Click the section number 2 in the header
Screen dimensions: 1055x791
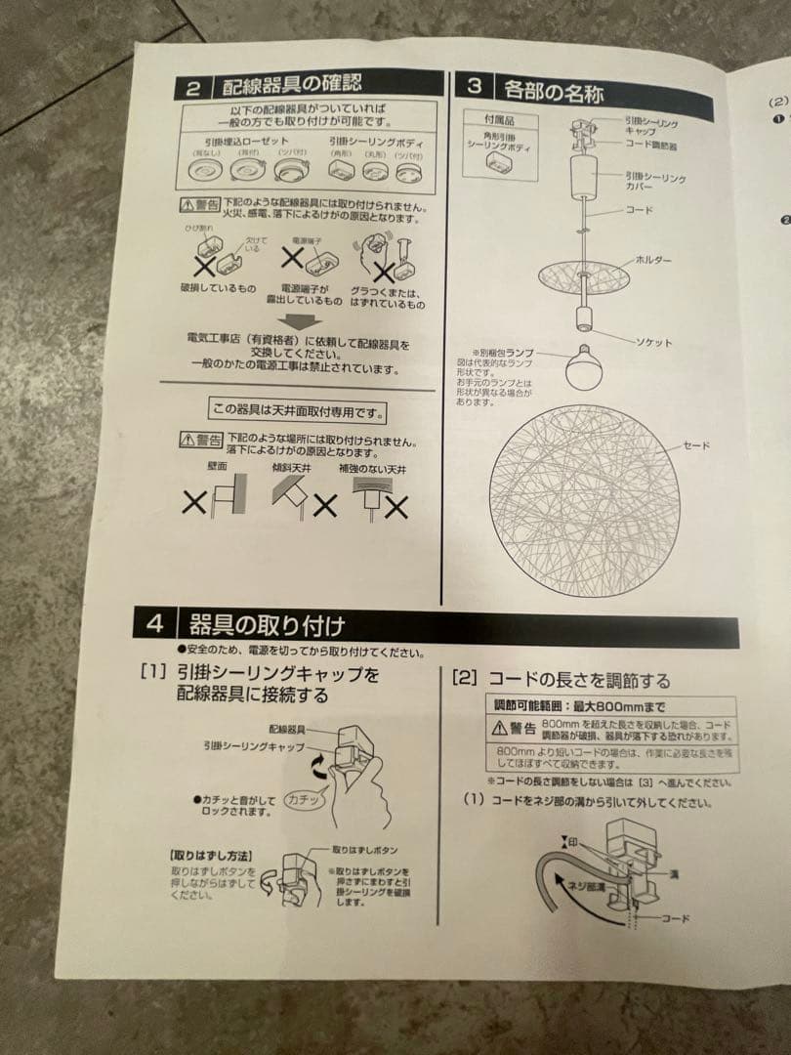tap(193, 88)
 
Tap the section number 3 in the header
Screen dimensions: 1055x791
tap(475, 86)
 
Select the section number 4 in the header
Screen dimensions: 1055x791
tap(155, 622)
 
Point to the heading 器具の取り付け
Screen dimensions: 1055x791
tap(267, 624)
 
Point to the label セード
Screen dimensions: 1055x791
tap(696, 445)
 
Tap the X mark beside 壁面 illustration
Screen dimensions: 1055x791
tap(195, 504)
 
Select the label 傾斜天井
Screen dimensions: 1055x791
tap(293, 469)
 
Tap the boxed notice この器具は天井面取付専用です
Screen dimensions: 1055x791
tap(298, 410)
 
